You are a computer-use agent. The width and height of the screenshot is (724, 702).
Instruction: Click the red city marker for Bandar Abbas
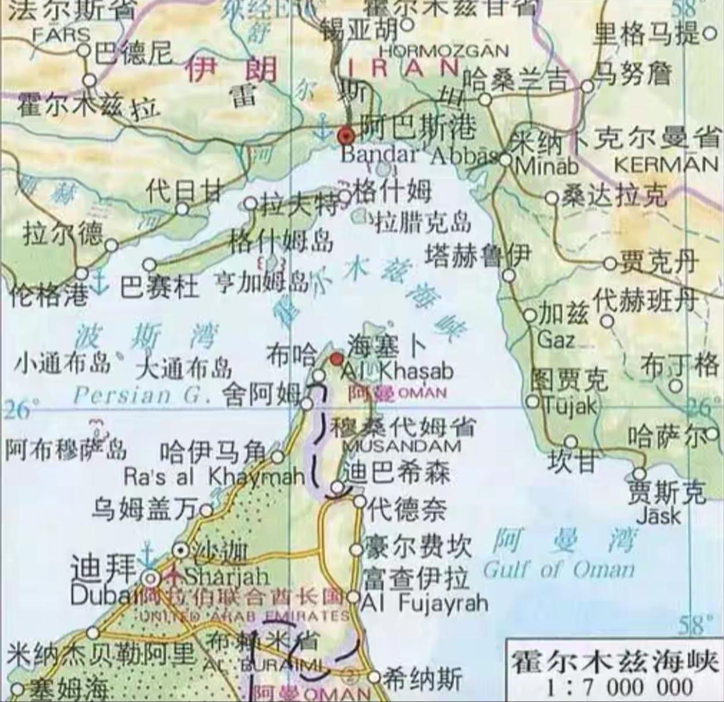point(346,136)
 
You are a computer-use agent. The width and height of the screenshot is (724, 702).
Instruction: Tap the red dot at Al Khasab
point(335,359)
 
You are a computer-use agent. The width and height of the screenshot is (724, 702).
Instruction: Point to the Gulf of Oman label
point(558,571)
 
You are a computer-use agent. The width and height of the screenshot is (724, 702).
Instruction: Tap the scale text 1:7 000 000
point(613,687)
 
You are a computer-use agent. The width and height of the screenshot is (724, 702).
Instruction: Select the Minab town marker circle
point(506,160)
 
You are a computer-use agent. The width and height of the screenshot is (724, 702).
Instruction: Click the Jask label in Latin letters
point(658,514)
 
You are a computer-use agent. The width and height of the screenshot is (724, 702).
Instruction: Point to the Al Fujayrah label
point(424,603)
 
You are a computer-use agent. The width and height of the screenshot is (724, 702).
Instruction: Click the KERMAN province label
point(666,165)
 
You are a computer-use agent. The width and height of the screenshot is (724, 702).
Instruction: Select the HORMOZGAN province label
point(444,51)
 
